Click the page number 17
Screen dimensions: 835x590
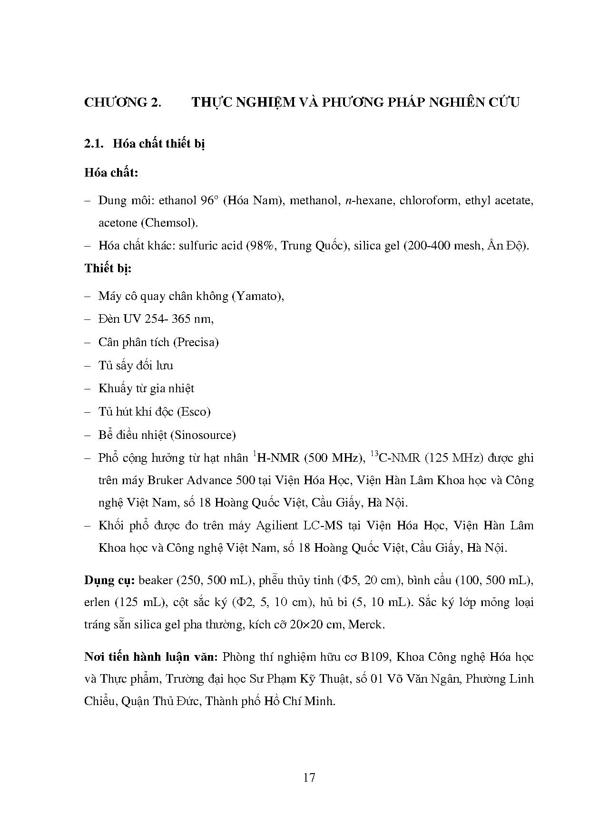[x=309, y=777]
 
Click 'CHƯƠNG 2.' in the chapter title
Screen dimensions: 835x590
[x=122, y=102]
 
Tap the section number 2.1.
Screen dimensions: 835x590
[x=94, y=144]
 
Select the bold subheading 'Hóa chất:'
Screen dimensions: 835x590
[x=111, y=172]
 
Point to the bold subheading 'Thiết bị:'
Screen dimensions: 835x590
[x=108, y=268]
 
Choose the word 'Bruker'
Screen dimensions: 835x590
[x=165, y=480]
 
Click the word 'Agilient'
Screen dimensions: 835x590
[x=278, y=526]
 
